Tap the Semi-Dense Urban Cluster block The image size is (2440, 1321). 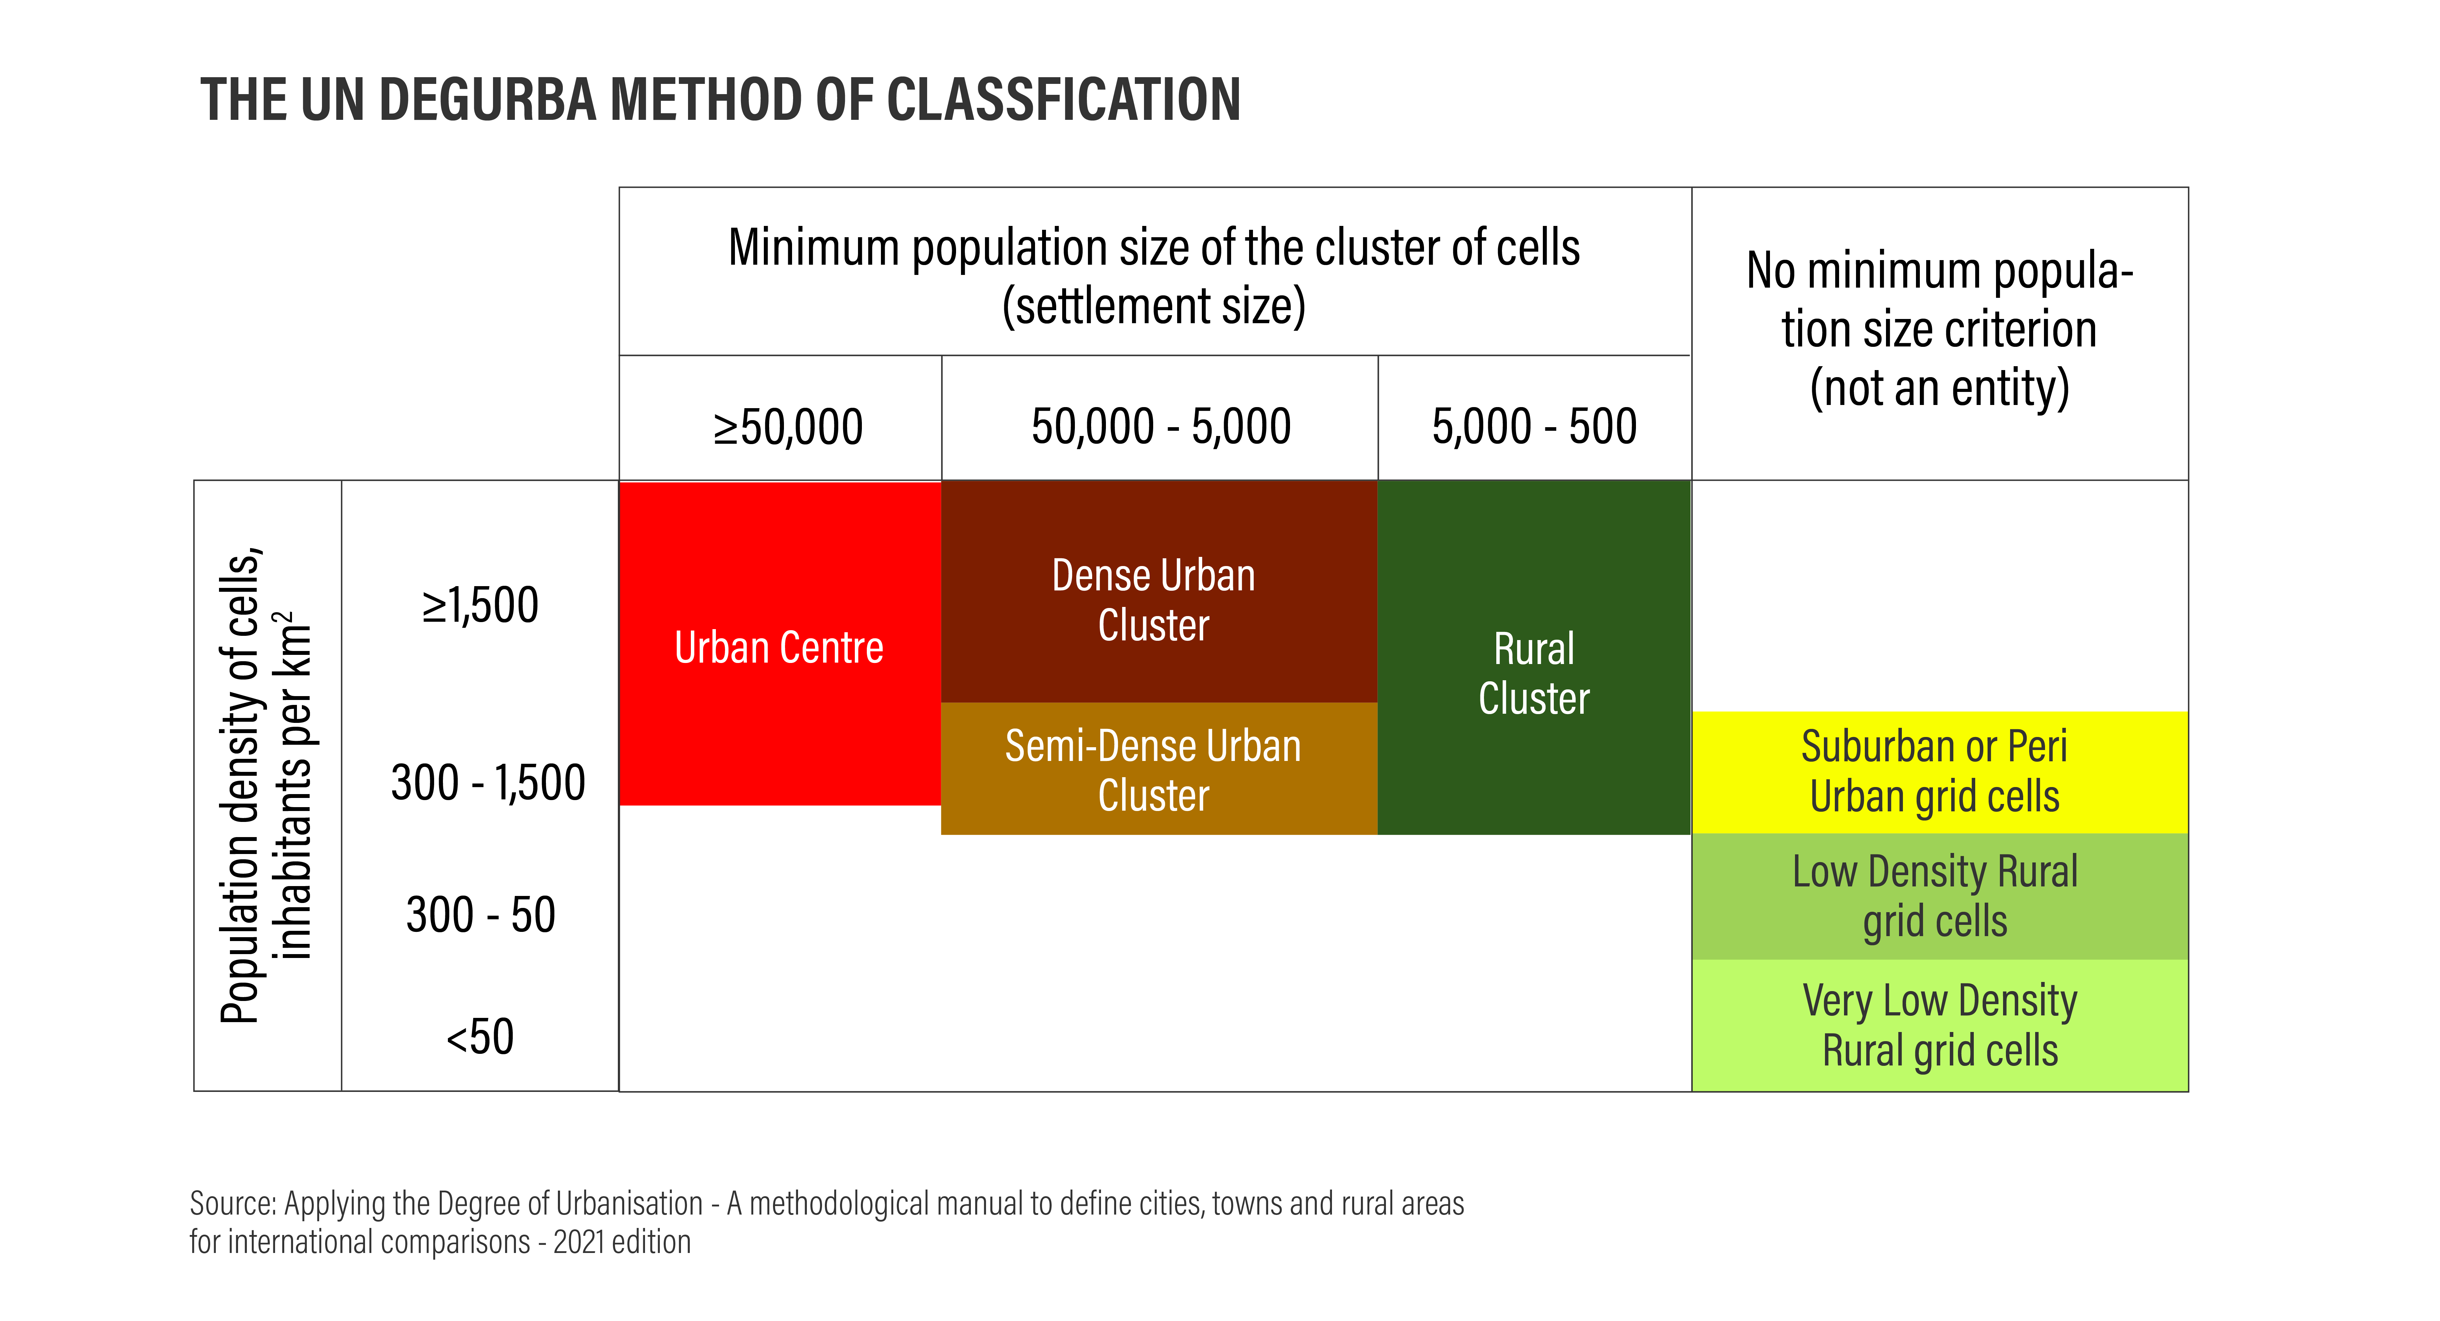pyautogui.click(x=1154, y=769)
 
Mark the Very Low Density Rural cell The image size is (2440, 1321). pyautogui.click(x=1939, y=1025)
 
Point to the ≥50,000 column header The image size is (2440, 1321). pyautogui.click(x=788, y=426)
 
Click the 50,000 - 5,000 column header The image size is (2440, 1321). pyautogui.click(x=1160, y=426)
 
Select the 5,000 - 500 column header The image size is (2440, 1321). pyautogui.click(x=1534, y=426)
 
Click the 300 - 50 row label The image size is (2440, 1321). pyautogui.click(x=480, y=915)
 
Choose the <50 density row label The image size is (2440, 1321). pyautogui.click(x=480, y=1037)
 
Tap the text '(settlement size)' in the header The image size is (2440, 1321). pyautogui.click(x=1154, y=306)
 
